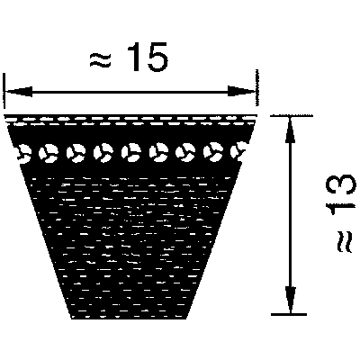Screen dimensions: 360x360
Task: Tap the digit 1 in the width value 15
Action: tap(134, 57)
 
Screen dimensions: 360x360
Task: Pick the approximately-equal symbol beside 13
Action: tap(343, 241)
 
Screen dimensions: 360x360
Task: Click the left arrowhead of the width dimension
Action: tap(19, 92)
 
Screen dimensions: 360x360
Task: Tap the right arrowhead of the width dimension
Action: tap(241, 91)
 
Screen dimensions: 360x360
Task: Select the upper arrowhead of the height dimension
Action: tap(290, 130)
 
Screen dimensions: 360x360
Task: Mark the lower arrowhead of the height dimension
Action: tap(291, 300)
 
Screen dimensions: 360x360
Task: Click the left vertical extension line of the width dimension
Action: tap(4, 90)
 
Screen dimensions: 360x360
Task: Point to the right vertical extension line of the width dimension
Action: tap(256, 87)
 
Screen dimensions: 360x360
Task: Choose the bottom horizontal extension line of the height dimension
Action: tap(289, 314)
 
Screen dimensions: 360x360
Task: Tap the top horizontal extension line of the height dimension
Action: tap(292, 115)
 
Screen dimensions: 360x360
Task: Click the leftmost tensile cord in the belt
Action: tap(23, 153)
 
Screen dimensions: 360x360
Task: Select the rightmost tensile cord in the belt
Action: tap(238, 150)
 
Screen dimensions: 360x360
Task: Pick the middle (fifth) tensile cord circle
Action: tap(131, 151)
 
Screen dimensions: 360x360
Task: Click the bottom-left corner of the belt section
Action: tap(71, 319)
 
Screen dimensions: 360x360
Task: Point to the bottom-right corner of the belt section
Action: tap(186, 319)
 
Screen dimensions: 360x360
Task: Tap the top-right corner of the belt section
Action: tap(256, 115)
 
